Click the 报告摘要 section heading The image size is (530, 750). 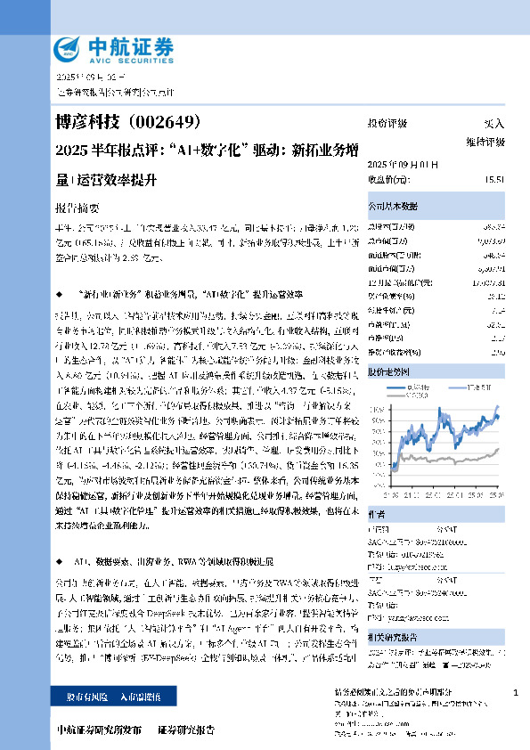[76, 204]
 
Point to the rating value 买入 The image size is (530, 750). [493, 124]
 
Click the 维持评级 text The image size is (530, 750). [485, 142]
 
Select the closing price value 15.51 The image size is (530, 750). [494, 179]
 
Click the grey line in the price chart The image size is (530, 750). [445, 459]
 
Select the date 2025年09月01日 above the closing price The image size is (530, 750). [397, 165]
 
